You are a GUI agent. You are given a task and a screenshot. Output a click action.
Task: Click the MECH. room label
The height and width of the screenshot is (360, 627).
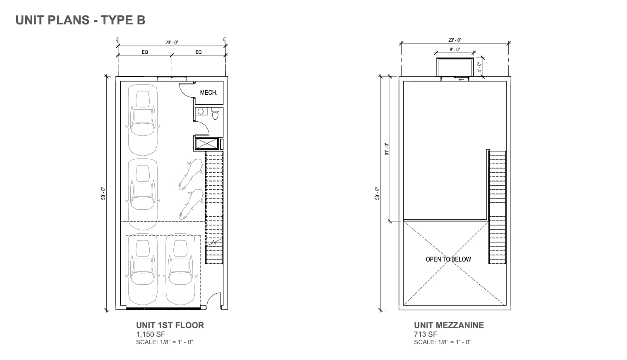tap(208, 92)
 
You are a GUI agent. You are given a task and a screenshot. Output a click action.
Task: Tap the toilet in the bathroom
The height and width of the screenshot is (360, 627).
tap(215, 113)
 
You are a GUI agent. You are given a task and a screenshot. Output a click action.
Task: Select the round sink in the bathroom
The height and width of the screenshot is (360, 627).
tap(201, 111)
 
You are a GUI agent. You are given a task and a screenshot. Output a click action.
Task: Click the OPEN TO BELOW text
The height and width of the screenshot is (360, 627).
tap(448, 259)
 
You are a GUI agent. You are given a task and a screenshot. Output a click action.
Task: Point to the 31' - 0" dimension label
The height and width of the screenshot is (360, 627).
tap(387, 149)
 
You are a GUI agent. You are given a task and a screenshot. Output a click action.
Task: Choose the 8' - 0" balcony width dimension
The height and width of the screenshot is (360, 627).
tap(455, 50)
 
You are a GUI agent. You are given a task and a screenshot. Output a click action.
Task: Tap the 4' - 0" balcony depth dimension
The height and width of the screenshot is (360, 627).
tap(479, 67)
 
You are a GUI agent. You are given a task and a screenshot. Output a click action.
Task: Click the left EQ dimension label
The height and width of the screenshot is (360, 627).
tap(145, 52)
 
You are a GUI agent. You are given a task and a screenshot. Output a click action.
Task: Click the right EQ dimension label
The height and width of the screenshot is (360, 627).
tap(199, 52)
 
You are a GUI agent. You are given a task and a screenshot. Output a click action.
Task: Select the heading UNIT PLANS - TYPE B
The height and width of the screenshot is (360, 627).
tap(81, 20)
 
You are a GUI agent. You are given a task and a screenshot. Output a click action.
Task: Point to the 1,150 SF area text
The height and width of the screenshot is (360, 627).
tap(151, 334)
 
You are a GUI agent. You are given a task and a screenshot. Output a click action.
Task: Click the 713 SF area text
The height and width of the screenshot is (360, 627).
tap(426, 334)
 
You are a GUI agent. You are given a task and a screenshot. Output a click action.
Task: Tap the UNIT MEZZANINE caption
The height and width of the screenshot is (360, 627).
tap(449, 325)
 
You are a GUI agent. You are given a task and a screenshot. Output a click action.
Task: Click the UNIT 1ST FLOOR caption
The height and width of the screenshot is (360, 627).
tap(170, 325)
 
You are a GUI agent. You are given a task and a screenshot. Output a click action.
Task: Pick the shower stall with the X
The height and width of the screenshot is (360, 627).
tap(206, 144)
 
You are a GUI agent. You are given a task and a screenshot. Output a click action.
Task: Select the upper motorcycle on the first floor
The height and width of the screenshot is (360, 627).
tap(191, 174)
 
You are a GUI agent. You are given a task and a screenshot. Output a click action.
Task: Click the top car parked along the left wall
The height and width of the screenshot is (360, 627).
tap(142, 120)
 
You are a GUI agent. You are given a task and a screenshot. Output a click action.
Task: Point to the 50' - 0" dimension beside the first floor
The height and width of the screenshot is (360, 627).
tap(103, 193)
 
